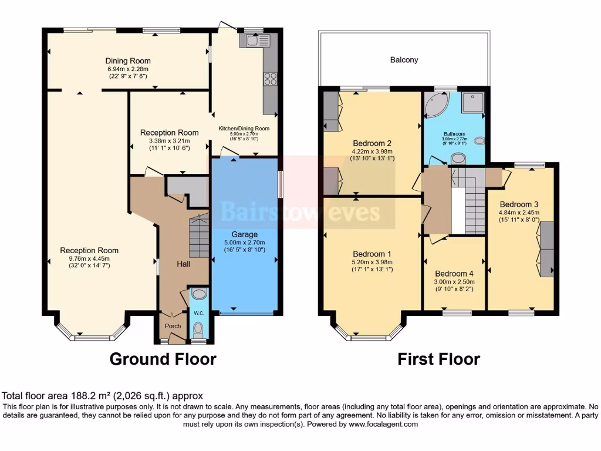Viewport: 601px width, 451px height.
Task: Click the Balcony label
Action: pyautogui.click(x=404, y=60)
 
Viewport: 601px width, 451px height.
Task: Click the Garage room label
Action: pyautogui.click(x=244, y=234)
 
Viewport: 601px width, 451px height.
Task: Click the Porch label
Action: pyautogui.click(x=173, y=326)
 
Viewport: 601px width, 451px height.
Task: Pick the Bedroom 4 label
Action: pyautogui.click(x=454, y=274)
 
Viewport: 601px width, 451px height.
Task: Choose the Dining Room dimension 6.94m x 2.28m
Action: pyautogui.click(x=128, y=69)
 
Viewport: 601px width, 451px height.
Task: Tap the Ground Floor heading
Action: pyautogui.click(x=163, y=359)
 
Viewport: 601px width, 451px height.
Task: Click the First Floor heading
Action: pyautogui.click(x=438, y=359)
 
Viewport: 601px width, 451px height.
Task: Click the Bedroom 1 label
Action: pyautogui.click(x=372, y=253)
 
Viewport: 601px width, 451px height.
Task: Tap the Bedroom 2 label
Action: pyautogui.click(x=372, y=143)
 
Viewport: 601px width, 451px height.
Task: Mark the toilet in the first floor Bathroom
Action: pyautogui.click(x=457, y=158)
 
